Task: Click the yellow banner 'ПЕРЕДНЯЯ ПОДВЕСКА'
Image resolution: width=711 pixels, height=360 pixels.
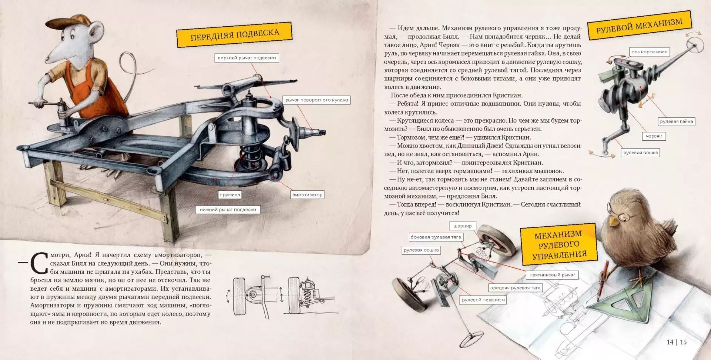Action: click(x=235, y=34)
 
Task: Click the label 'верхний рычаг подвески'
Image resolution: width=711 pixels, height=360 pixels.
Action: click(x=247, y=58)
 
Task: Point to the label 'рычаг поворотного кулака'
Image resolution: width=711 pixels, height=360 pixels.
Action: click(x=317, y=100)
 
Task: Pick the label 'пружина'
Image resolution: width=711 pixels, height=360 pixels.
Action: click(x=230, y=194)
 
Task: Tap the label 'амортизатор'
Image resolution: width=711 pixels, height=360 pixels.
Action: click(x=307, y=194)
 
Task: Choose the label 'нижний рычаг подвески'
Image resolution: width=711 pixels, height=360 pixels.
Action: click(x=228, y=210)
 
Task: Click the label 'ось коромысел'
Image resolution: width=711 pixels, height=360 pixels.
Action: click(x=649, y=52)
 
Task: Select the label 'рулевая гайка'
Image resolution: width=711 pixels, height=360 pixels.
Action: click(x=676, y=121)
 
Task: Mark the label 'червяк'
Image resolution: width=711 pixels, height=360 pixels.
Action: click(x=654, y=136)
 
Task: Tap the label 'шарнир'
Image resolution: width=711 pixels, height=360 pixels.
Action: click(x=463, y=226)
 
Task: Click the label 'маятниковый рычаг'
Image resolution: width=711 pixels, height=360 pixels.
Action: click(x=552, y=275)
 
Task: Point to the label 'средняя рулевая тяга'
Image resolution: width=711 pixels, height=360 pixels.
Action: click(x=515, y=288)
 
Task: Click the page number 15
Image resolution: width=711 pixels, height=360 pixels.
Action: click(x=683, y=342)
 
